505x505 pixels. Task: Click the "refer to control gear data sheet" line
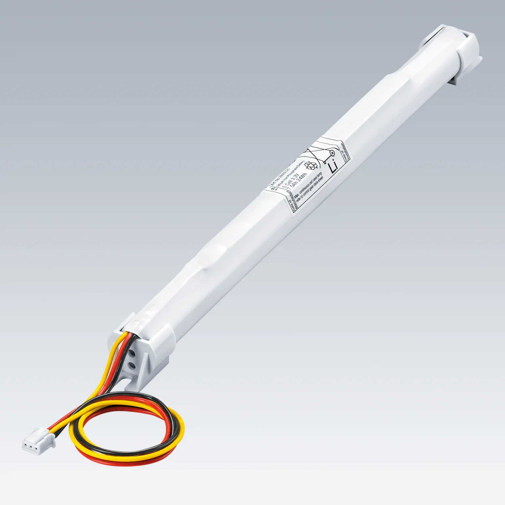[x=311, y=194]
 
